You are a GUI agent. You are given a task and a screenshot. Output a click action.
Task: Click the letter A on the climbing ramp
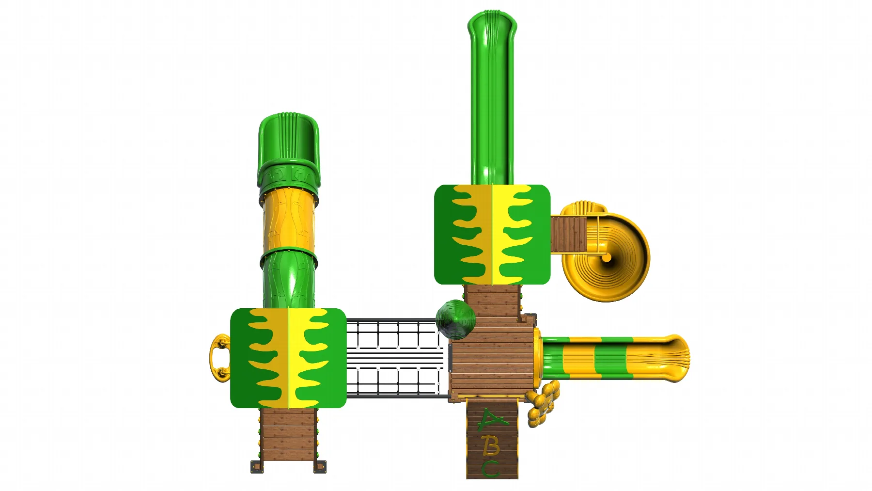(x=492, y=420)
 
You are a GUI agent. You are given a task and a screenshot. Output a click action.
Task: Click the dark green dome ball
(x=455, y=319)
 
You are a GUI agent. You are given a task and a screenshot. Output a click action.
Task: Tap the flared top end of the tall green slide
(x=492, y=27)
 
